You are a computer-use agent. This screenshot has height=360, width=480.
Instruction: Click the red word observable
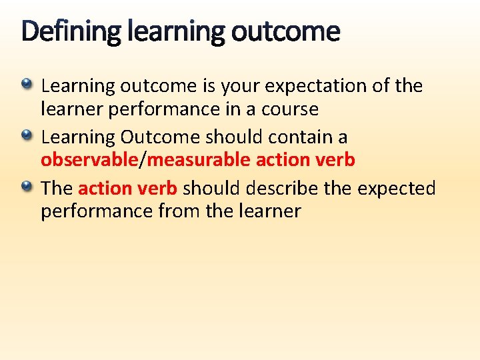click(88, 161)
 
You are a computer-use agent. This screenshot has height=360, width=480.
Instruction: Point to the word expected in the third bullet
click(397, 189)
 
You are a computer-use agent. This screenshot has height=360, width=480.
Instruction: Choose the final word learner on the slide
click(266, 212)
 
